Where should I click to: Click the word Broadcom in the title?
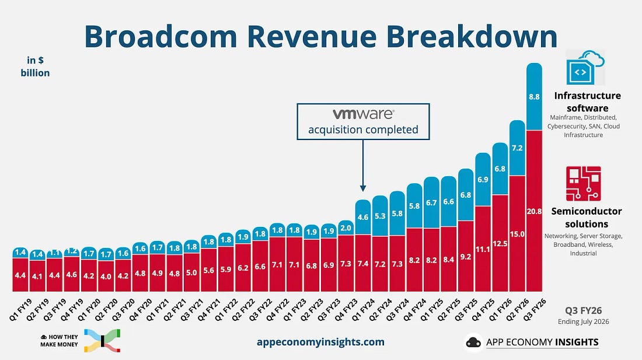pyautogui.click(x=160, y=36)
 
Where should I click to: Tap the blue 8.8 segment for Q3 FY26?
pyautogui.click(x=534, y=96)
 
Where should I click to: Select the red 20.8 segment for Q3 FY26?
pyautogui.click(x=534, y=211)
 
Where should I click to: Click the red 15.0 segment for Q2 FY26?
pyautogui.click(x=517, y=233)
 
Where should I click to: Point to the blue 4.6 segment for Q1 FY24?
pyautogui.click(x=363, y=217)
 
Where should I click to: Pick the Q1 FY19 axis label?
pyautogui.click(x=21, y=309)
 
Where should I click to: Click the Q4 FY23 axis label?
pyautogui.click(x=346, y=309)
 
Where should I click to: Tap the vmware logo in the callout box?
pyautogui.click(x=363, y=114)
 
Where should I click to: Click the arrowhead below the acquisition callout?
pyautogui.click(x=363, y=188)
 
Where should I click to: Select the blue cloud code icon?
pyautogui.click(x=585, y=68)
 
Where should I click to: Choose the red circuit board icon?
pyautogui.click(x=584, y=184)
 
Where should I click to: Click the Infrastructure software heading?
pyautogui.click(x=588, y=102)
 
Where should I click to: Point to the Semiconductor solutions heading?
pyautogui.click(x=587, y=218)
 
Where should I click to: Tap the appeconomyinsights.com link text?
pyautogui.click(x=320, y=342)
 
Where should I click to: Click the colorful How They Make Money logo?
pyautogui.click(x=102, y=340)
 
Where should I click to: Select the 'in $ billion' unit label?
pyautogui.click(x=35, y=67)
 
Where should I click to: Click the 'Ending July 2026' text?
pyautogui.click(x=584, y=321)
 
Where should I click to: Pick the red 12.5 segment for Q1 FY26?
pyautogui.click(x=500, y=243)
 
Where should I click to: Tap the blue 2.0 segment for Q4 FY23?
pyautogui.click(x=346, y=228)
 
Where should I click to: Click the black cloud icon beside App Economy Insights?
pyautogui.click(x=474, y=342)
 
